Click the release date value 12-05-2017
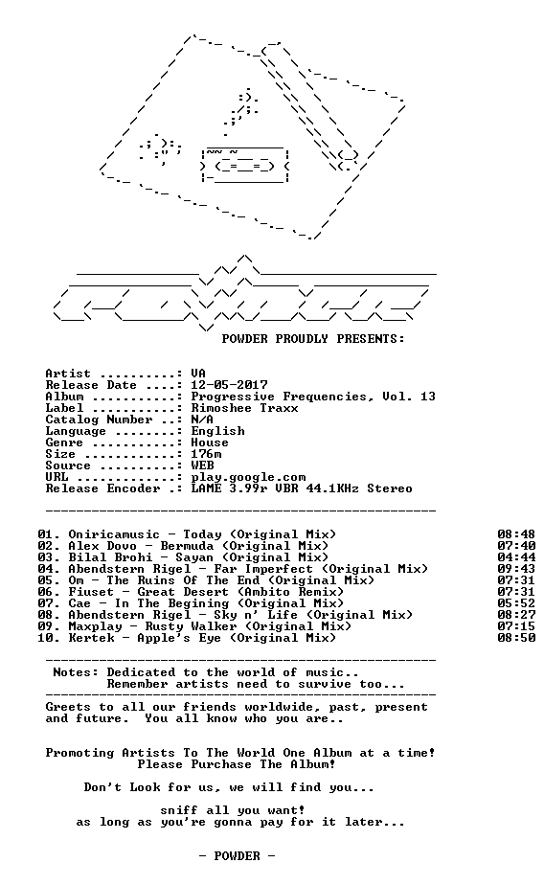point(229,385)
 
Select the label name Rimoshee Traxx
point(244,408)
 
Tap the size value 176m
point(206,454)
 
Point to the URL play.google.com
point(248,478)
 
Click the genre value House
point(210,442)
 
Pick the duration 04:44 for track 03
point(516,557)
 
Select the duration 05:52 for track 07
point(516,603)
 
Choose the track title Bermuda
point(187,546)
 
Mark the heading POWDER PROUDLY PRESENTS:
point(313,339)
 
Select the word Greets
point(68,707)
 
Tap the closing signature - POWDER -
point(237,856)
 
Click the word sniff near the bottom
point(179,810)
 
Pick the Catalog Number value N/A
point(202,420)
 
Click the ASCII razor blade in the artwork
point(245,165)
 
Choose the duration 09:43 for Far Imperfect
point(516,569)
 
